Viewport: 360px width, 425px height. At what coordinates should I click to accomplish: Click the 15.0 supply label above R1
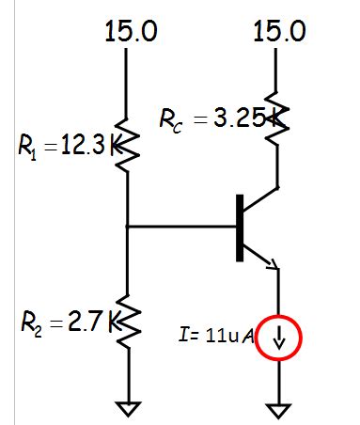click(131, 30)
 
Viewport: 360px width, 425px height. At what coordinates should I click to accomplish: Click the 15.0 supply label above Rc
click(279, 30)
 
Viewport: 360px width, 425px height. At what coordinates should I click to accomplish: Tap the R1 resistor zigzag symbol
click(127, 146)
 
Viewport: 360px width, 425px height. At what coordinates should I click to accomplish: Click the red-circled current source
click(279, 339)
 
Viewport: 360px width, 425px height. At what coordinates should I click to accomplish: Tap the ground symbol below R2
click(127, 407)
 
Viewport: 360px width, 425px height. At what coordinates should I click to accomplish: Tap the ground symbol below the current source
click(279, 407)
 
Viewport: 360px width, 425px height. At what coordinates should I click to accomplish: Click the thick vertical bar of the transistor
click(241, 227)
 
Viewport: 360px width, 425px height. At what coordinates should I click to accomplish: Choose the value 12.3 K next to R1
click(86, 147)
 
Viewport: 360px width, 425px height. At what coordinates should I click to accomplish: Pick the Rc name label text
click(171, 121)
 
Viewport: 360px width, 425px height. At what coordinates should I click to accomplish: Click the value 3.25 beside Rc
click(231, 120)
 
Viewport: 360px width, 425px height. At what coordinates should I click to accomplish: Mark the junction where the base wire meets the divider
click(127, 227)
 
